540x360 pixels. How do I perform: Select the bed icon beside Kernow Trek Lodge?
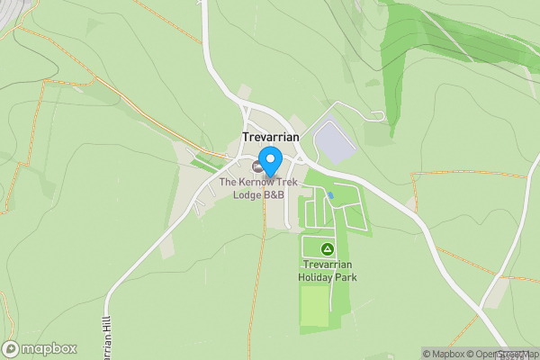pyautogui.click(x=256, y=166)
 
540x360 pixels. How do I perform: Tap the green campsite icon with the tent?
pyautogui.click(x=328, y=248)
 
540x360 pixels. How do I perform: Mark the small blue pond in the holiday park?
pyautogui.click(x=331, y=194)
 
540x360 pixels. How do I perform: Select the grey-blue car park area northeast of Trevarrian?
pyautogui.click(x=336, y=141)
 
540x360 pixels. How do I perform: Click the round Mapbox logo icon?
pyautogui.click(x=12, y=348)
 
